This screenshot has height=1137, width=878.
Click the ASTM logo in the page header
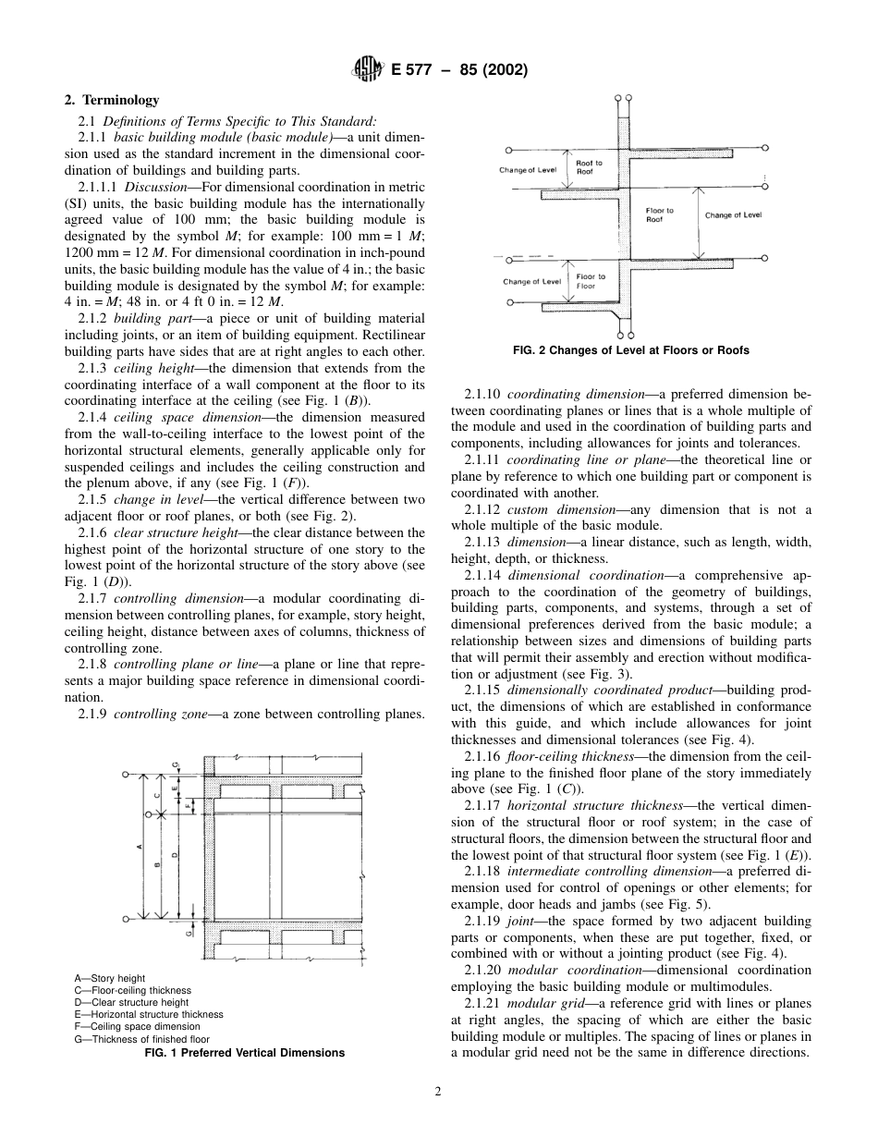367,69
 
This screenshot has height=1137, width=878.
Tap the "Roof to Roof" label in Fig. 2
589,167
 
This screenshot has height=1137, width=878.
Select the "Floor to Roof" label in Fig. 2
659,214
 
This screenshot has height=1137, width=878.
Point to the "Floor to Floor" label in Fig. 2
591,281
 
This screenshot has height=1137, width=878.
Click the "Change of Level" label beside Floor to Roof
733,215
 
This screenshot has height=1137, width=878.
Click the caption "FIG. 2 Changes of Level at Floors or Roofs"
630,350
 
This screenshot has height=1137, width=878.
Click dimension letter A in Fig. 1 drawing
139,846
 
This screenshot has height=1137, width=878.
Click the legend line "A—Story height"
109,978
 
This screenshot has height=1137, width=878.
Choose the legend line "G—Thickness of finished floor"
141,1039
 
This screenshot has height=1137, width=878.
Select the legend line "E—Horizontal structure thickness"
149,1014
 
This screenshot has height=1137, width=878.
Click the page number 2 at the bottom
438,1091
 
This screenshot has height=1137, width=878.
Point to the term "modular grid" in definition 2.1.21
545,1003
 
